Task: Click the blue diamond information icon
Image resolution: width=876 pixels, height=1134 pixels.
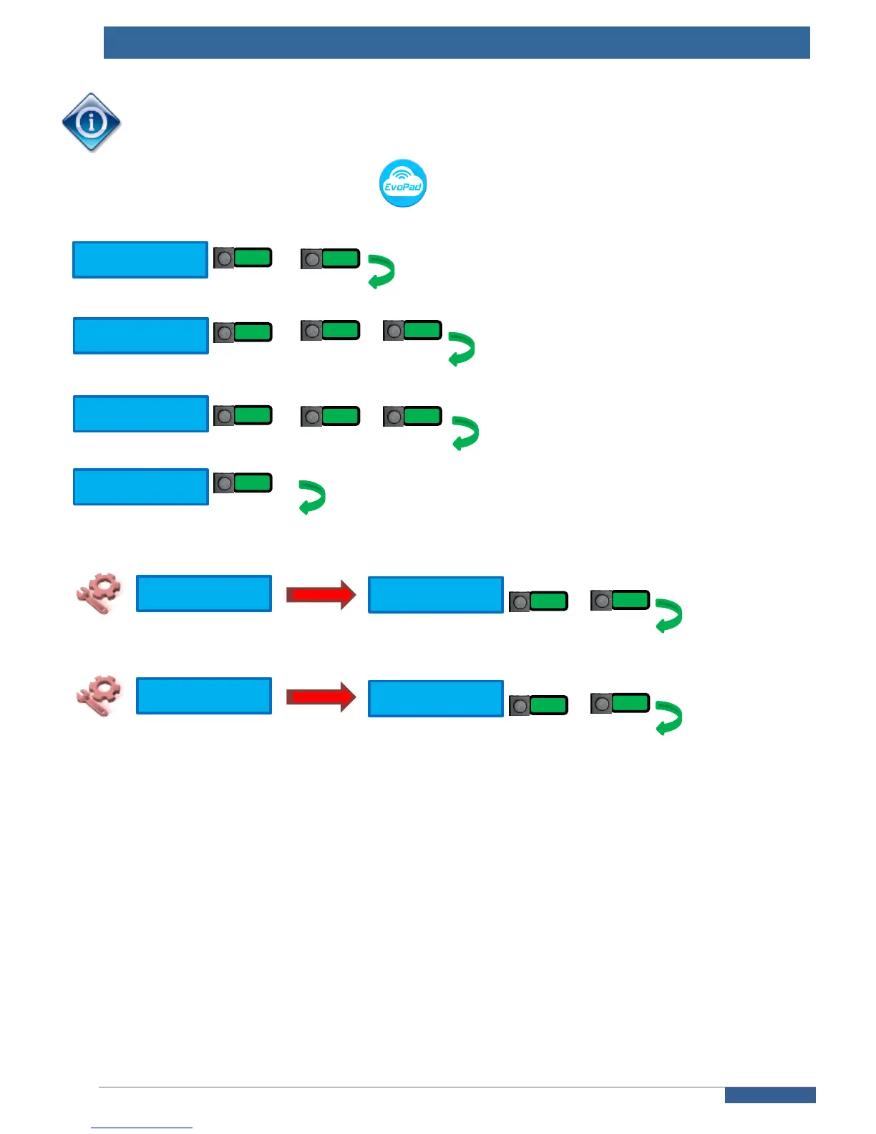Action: coord(91,122)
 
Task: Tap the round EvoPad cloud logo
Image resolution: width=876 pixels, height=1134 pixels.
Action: coord(403,183)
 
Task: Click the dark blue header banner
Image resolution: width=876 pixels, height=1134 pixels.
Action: coord(457,43)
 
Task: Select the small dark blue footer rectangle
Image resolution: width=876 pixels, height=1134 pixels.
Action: coord(769,1095)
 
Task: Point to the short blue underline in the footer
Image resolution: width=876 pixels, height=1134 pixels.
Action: coord(142,1128)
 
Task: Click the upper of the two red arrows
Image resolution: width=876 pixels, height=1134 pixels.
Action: coord(321,594)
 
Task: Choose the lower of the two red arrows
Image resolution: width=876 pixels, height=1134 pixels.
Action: coord(321,697)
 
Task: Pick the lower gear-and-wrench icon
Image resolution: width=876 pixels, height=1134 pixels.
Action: coord(99,696)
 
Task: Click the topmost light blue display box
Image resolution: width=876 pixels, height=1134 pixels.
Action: coord(140,260)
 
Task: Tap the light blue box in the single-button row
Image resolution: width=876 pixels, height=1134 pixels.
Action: coord(141,487)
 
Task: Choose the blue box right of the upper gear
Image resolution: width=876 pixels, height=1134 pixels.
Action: coord(204,593)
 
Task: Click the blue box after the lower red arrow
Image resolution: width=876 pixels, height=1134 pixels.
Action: coord(436,699)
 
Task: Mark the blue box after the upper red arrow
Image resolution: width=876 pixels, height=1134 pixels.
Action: coord(436,595)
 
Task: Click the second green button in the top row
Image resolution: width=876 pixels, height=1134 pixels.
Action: coord(331,258)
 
